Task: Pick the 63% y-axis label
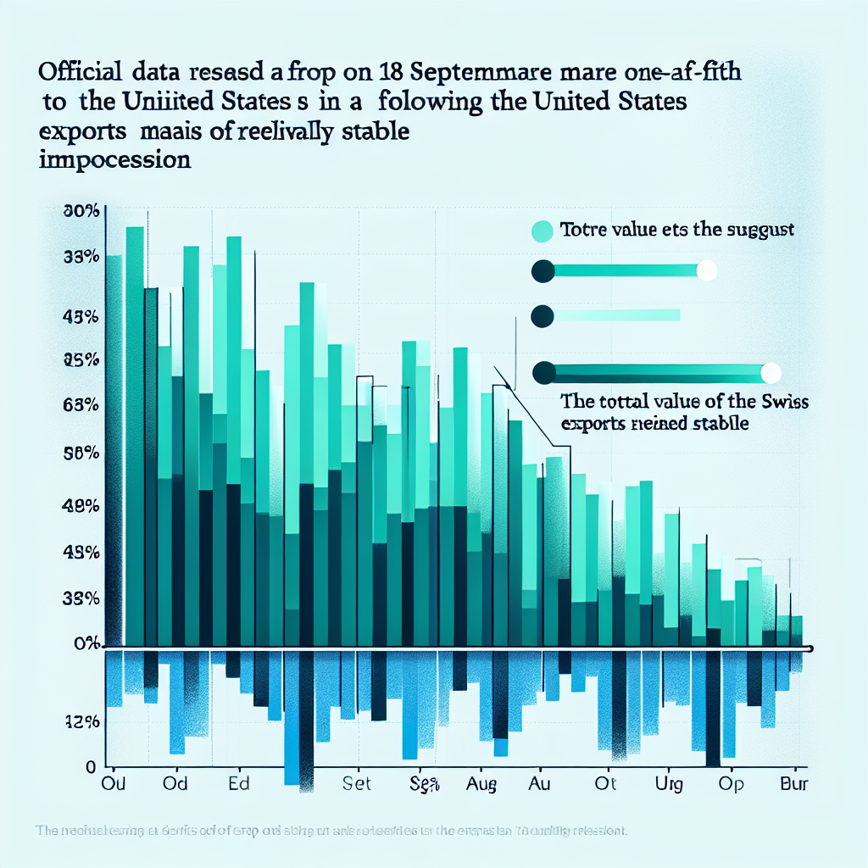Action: tap(82, 404)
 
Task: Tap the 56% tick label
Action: tap(82, 453)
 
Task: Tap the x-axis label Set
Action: tap(357, 784)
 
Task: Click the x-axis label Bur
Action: tap(793, 784)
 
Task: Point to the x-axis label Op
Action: tap(731, 784)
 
